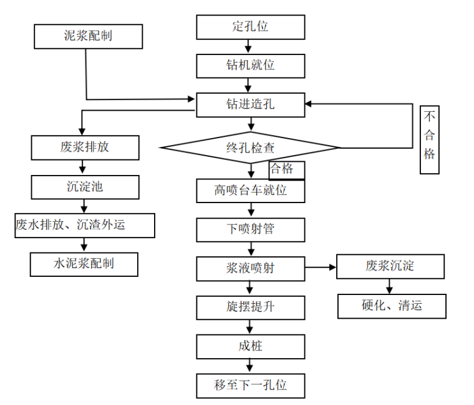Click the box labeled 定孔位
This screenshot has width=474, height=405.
[251, 27]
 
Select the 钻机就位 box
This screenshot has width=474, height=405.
[251, 66]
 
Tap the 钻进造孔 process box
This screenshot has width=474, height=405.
[251, 104]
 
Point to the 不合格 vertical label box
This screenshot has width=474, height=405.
[429, 140]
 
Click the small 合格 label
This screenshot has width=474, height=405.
[286, 169]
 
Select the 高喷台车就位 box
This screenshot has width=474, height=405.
[251, 191]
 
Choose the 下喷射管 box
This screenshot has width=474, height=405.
[251, 229]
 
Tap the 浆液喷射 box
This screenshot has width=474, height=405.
[251, 268]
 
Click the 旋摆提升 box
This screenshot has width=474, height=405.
[251, 307]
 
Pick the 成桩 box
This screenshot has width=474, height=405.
[251, 346]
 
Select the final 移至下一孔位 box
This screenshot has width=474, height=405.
[251, 385]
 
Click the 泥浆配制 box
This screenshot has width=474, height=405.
[88, 36]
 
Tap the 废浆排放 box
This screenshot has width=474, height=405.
[85, 147]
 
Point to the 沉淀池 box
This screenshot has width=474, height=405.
[85, 186]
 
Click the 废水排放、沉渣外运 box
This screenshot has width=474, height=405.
[85, 225]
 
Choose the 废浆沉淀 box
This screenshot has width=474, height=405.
[390, 266]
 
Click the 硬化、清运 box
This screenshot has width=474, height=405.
[392, 306]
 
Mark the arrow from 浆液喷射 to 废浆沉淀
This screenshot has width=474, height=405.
[321, 267]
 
